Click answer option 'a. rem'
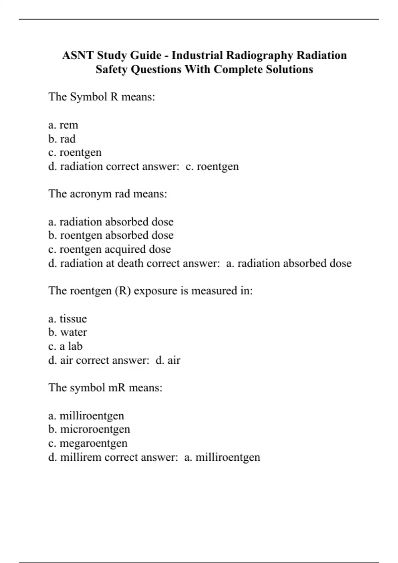pos(63,125)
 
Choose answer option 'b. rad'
pos(62,139)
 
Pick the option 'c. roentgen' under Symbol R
pos(75,153)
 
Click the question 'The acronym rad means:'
pos(108,194)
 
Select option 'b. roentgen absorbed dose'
pos(111,235)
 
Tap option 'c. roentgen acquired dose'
pos(109,249)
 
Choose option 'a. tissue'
pos(68,319)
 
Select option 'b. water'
pos(68,333)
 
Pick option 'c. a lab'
pos(65,346)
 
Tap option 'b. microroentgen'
pos(89,430)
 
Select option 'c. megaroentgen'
pos(88,443)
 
